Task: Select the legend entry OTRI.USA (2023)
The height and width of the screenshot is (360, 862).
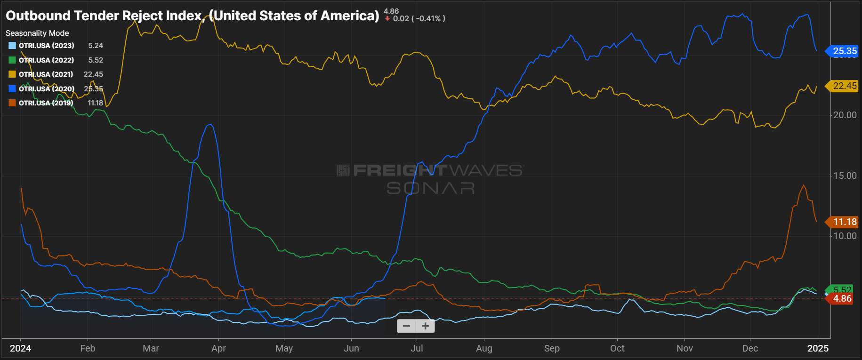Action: pyautogui.click(x=46, y=46)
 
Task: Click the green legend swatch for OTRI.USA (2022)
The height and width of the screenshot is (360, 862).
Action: pyautogui.click(x=12, y=60)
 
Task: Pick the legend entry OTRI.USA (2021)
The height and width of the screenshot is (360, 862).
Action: pyautogui.click(x=46, y=74)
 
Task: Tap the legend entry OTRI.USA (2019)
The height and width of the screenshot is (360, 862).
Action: pyautogui.click(x=46, y=103)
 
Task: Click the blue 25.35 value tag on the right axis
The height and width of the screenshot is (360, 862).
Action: pyautogui.click(x=844, y=51)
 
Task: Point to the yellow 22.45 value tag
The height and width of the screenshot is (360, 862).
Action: pyautogui.click(x=844, y=86)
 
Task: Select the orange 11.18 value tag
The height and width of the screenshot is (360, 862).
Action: pyautogui.click(x=844, y=222)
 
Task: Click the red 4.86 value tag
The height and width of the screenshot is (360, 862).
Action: pyautogui.click(x=842, y=299)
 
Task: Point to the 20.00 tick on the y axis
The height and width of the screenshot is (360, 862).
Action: pyautogui.click(x=845, y=115)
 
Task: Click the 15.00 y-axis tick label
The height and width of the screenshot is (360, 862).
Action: pyautogui.click(x=845, y=176)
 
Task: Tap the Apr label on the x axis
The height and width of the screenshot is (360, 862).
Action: pyautogui.click(x=218, y=349)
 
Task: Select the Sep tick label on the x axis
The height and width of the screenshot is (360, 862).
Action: pyautogui.click(x=552, y=349)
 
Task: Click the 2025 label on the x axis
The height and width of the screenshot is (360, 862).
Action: pyautogui.click(x=818, y=349)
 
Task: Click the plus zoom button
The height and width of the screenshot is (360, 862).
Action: pyautogui.click(x=425, y=326)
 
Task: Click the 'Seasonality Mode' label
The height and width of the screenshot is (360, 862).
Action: pyautogui.click(x=37, y=33)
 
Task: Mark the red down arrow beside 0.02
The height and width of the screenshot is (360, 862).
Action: pyautogui.click(x=387, y=19)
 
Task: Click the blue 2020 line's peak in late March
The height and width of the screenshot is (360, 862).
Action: pyautogui.click(x=210, y=125)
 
